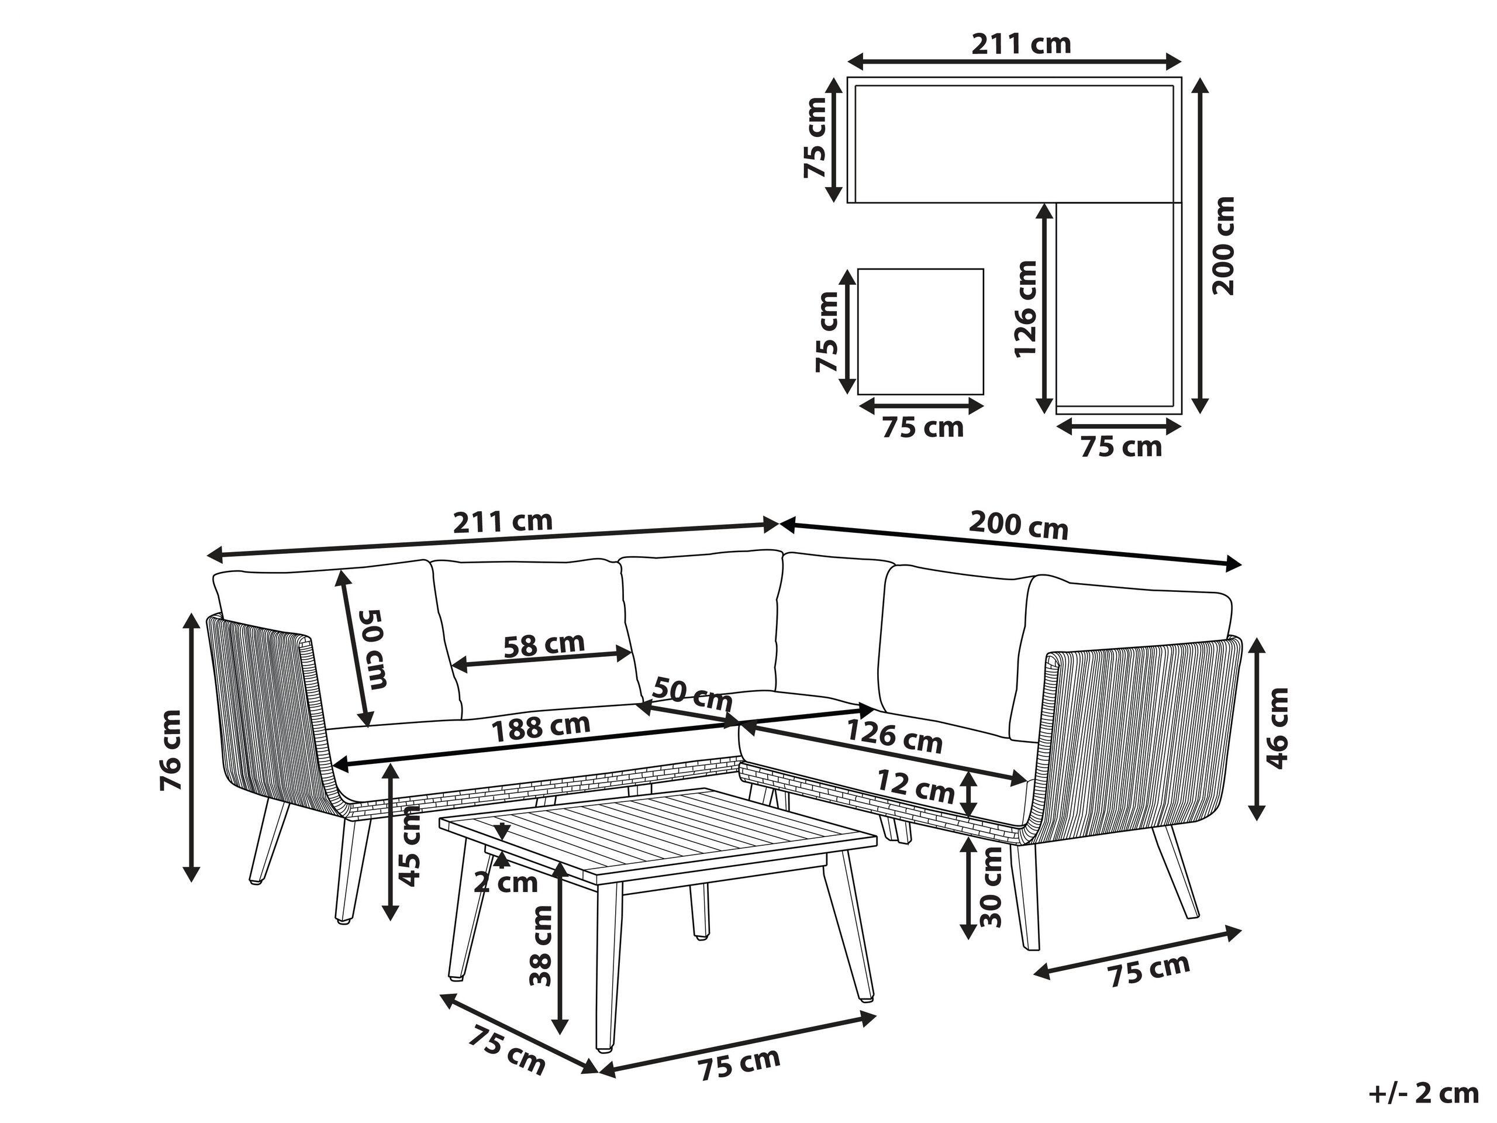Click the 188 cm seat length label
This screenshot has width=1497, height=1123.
540,727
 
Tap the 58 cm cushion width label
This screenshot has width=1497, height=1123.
544,644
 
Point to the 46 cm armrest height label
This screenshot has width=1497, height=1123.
1277,728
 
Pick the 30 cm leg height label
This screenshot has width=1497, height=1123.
991,887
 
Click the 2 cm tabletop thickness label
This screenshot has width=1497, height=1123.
506,883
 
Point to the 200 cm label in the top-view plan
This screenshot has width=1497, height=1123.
1223,246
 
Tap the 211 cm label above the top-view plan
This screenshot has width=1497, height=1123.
1021,44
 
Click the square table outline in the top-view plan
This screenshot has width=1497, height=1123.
920,332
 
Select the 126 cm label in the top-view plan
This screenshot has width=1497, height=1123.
1025,308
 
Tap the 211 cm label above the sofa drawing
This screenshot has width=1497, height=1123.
502,521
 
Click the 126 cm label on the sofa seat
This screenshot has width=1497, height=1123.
894,737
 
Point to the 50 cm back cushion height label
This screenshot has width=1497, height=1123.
373,648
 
